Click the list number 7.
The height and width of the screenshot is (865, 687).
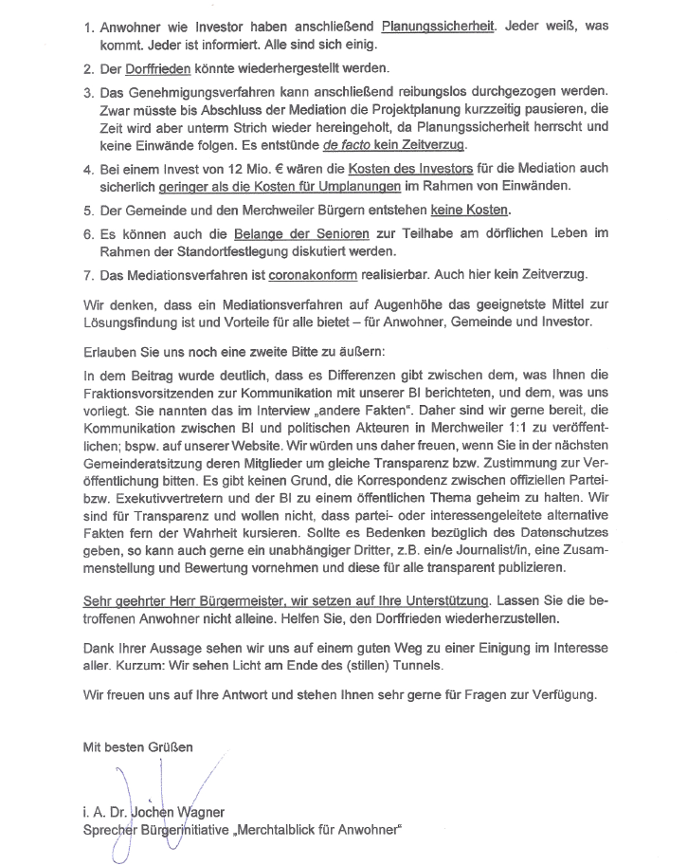88,276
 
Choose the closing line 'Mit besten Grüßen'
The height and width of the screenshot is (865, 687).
138,746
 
